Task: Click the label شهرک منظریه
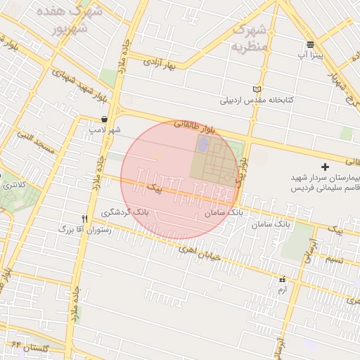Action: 250,38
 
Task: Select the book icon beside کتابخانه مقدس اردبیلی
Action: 257,89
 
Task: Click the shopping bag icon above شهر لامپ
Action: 105,119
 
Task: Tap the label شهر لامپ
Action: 105,130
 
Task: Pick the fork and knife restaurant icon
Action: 85,219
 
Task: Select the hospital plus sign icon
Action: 325,167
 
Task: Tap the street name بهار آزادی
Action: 159,64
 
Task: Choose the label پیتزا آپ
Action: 310,55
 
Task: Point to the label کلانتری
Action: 14,185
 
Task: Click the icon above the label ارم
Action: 283,279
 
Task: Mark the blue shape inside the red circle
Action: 203,145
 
